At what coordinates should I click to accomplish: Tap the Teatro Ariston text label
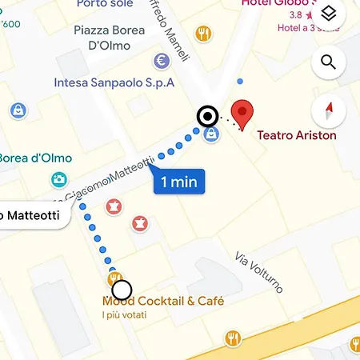point(296,135)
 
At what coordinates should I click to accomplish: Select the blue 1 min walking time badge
point(178,182)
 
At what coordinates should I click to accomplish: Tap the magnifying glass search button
point(327,62)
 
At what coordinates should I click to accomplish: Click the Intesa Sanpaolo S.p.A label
point(114,82)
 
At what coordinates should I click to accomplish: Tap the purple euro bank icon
point(162,61)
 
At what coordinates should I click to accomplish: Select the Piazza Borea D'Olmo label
point(109,38)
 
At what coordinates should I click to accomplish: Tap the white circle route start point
point(122,290)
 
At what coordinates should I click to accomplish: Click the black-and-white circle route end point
point(208,117)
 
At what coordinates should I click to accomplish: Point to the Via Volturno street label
point(259,273)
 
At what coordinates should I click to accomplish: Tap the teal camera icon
point(58,180)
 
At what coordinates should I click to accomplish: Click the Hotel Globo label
point(282,4)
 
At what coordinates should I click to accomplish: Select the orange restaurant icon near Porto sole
point(204,34)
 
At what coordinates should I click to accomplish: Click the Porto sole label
point(105,4)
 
